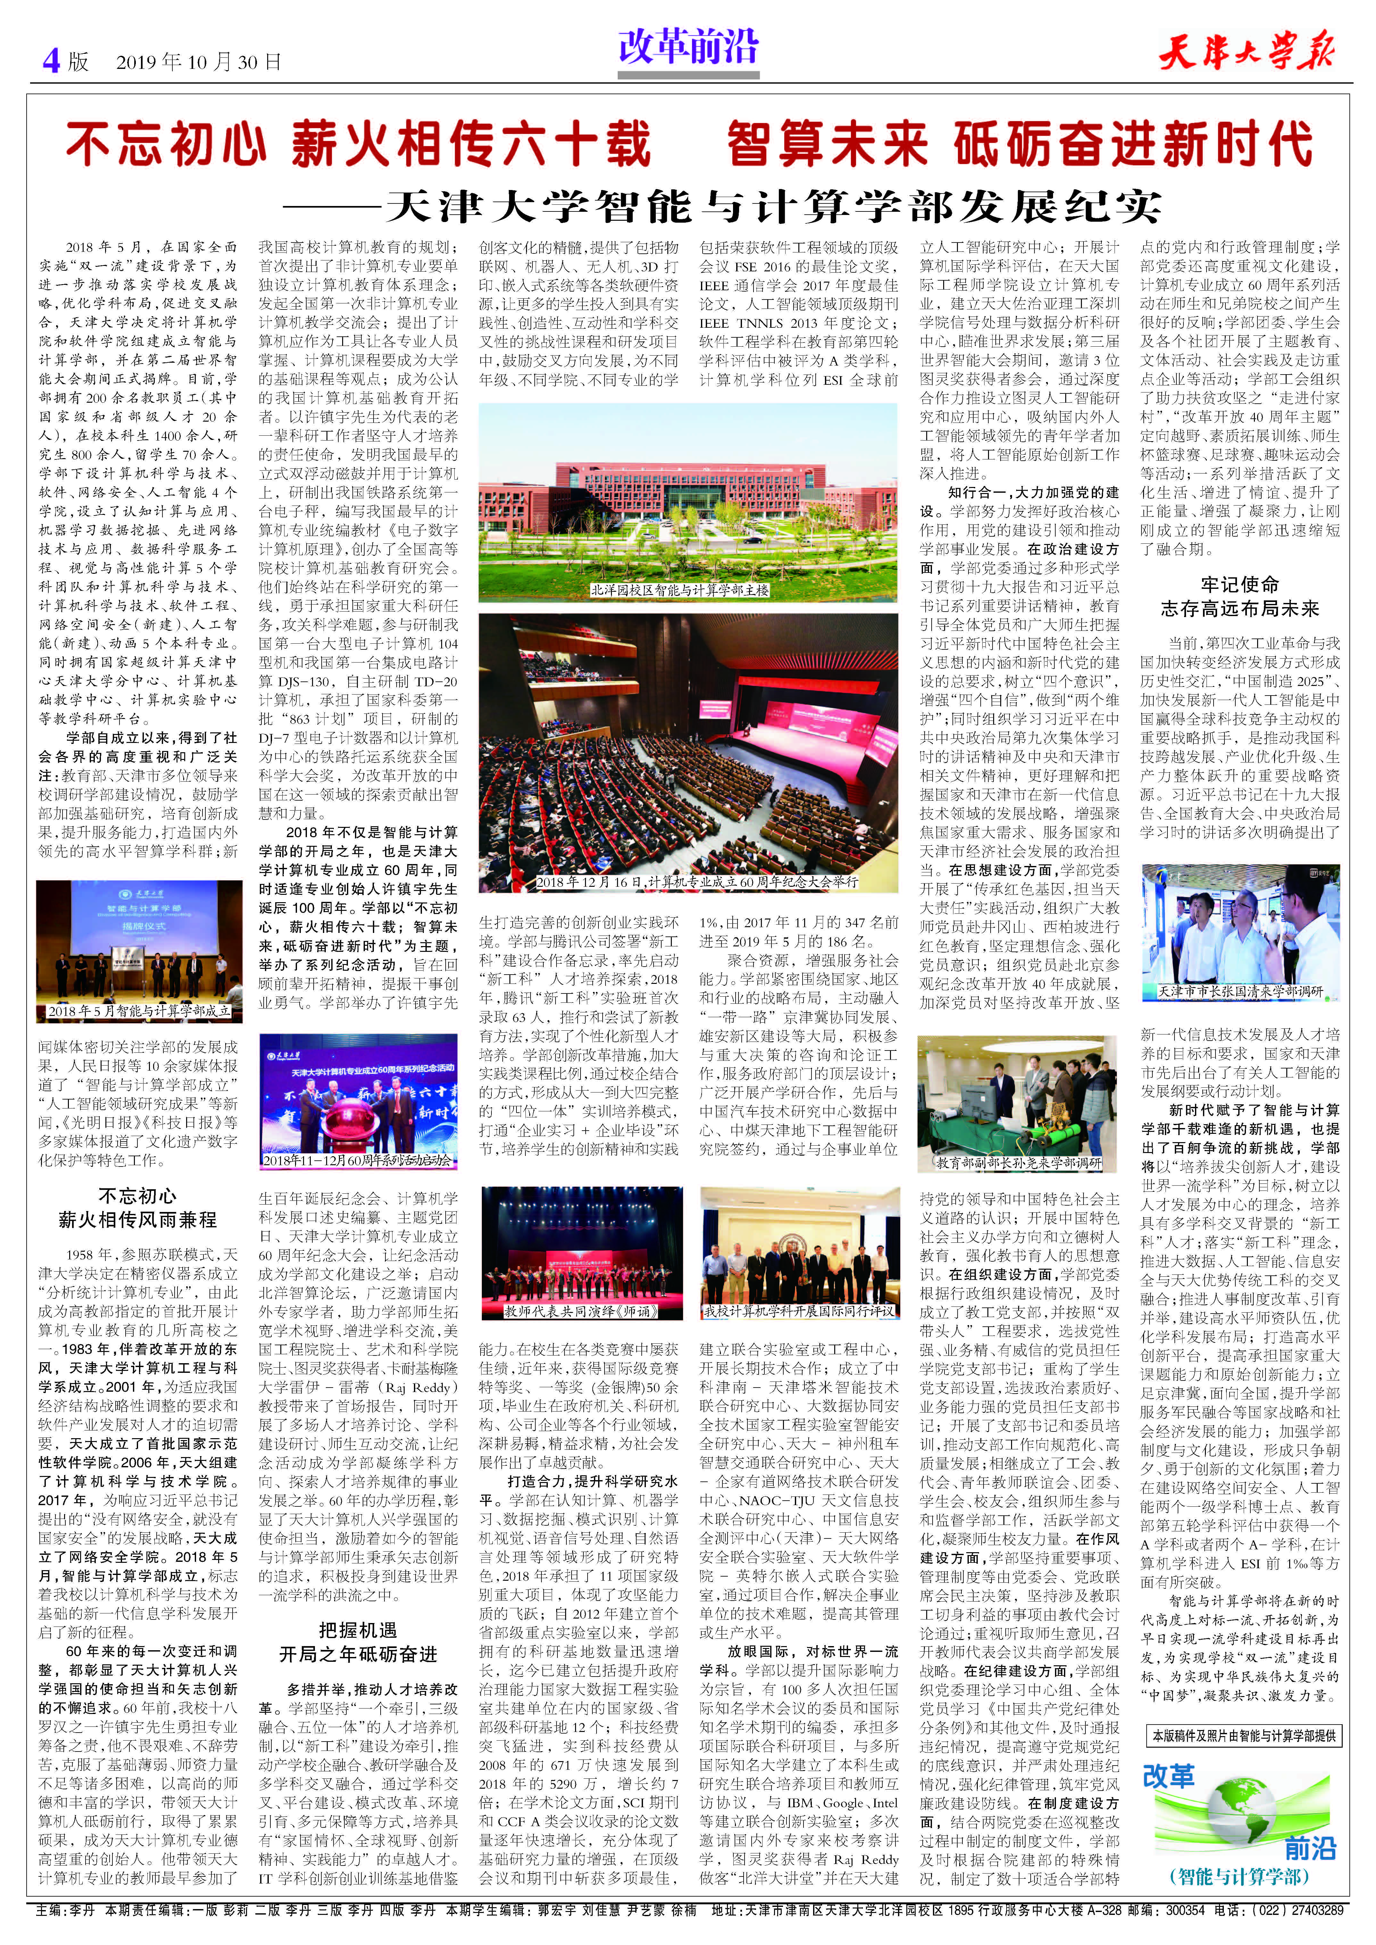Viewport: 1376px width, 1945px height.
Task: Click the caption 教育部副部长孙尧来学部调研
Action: click(1019, 1163)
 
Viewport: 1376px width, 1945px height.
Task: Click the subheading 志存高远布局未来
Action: click(1240, 608)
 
